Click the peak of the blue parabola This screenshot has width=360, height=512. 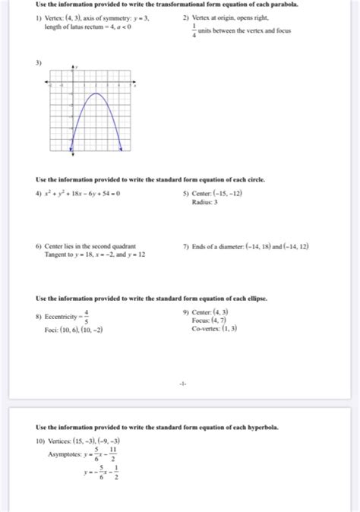coord(95,93)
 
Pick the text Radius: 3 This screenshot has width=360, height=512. coord(204,202)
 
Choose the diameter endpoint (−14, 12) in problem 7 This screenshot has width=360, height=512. coord(292,246)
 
